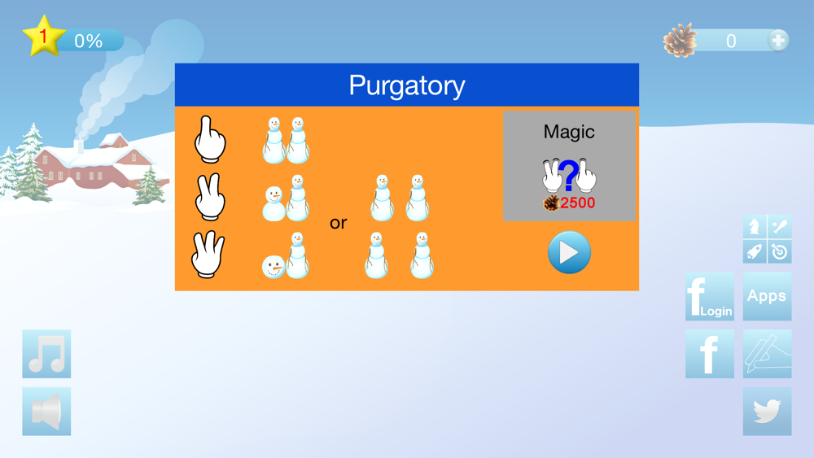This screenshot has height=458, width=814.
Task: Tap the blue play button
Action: (x=569, y=253)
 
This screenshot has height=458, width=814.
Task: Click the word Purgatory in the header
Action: (x=407, y=85)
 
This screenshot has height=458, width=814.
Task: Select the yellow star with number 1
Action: (x=44, y=37)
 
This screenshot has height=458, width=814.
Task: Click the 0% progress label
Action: (x=88, y=41)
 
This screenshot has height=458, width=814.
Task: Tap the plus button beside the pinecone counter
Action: (x=777, y=41)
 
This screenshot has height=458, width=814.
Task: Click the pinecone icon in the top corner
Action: (x=680, y=40)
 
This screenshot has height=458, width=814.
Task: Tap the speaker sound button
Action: (x=46, y=412)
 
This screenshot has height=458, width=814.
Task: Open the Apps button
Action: (x=768, y=296)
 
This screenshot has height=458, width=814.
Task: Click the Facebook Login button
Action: (x=710, y=296)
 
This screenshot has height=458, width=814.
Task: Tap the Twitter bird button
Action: (x=768, y=412)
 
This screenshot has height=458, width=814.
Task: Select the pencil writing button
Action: (x=768, y=354)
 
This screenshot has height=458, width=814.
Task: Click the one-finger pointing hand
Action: (x=209, y=140)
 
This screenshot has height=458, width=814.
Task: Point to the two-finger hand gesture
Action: (x=210, y=197)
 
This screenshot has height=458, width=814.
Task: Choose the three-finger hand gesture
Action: (x=208, y=254)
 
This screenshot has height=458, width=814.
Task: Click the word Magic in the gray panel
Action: (x=569, y=132)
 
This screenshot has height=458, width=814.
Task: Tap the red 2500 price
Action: (x=577, y=203)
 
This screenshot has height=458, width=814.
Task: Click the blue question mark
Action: (x=569, y=176)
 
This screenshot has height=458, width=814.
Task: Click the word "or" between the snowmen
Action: (x=339, y=223)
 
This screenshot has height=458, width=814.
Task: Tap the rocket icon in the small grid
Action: (x=755, y=251)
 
